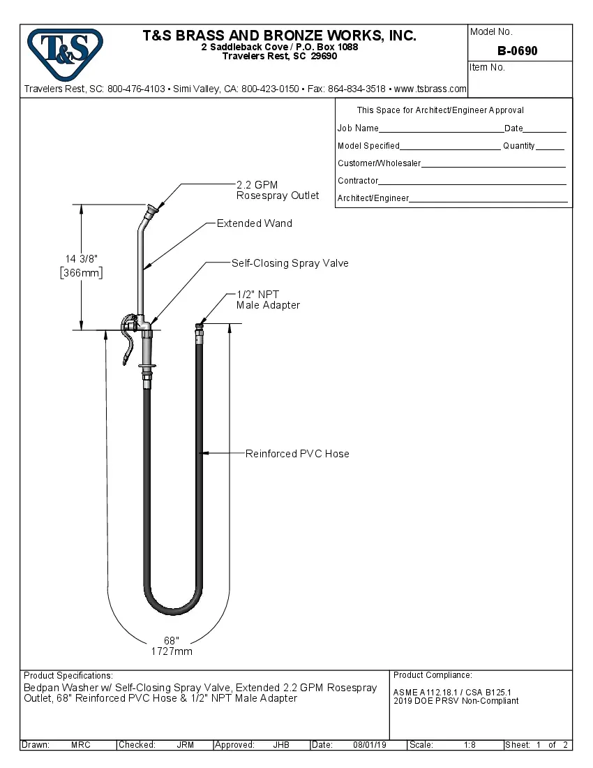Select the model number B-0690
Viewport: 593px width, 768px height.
pyautogui.click(x=517, y=51)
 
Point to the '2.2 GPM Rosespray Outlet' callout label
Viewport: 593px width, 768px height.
pyautogui.click(x=278, y=190)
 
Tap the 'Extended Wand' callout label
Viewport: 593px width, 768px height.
pyautogui.click(x=254, y=223)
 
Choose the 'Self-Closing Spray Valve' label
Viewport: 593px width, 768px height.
pyautogui.click(x=290, y=263)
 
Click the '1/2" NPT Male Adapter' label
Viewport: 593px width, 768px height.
pyautogui.click(x=268, y=300)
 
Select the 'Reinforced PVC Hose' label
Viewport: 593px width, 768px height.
pyautogui.click(x=297, y=454)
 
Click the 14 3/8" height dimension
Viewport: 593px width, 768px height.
pyautogui.click(x=82, y=259)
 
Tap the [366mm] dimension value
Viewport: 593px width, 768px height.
pyautogui.click(x=82, y=273)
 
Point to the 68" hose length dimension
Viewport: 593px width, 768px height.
pyautogui.click(x=172, y=640)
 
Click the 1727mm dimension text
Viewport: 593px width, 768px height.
pyautogui.click(x=172, y=651)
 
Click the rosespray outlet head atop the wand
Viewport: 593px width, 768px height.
pyautogui.click(x=151, y=209)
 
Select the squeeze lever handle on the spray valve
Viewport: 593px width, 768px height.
pyautogui.click(x=128, y=342)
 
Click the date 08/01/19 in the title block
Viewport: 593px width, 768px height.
pyautogui.click(x=369, y=745)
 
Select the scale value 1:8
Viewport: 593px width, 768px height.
pyautogui.click(x=470, y=745)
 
